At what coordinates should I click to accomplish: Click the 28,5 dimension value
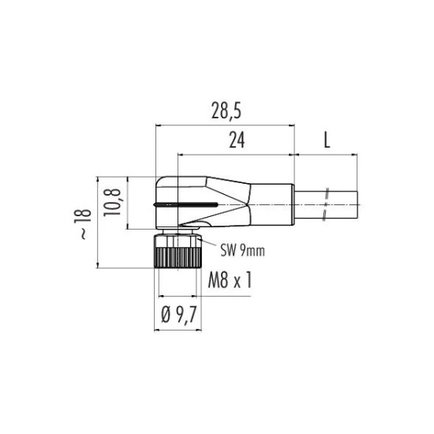pyautogui.click(x=226, y=110)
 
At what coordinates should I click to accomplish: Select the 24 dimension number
pyautogui.click(x=237, y=140)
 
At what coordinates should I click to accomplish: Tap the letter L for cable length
pyautogui.click(x=327, y=140)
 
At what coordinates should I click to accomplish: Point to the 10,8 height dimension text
pyautogui.click(x=112, y=202)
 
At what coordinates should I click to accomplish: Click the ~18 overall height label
pyautogui.click(x=83, y=224)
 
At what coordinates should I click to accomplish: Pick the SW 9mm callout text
pyautogui.click(x=242, y=250)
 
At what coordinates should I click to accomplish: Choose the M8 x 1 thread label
pyautogui.click(x=230, y=279)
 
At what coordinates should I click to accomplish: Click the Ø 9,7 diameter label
pyautogui.click(x=178, y=315)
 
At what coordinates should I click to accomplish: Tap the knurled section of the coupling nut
pyautogui.click(x=178, y=258)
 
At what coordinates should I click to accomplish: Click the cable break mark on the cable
pyautogui.click(x=326, y=204)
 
